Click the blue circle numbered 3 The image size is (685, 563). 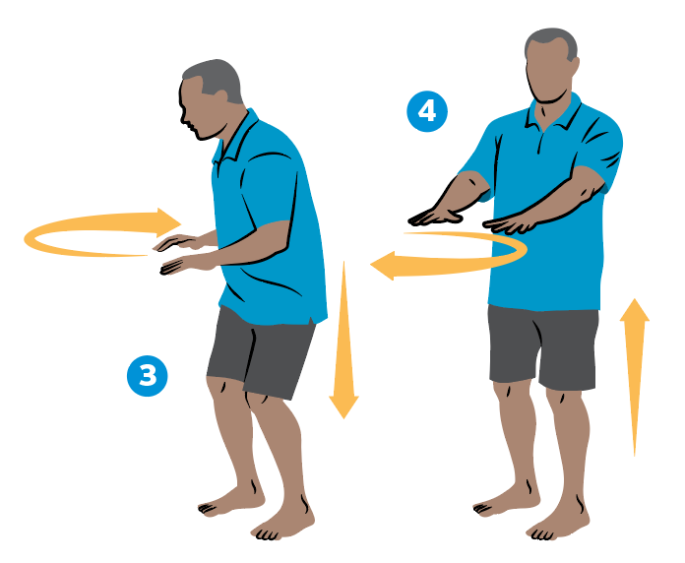(x=148, y=375)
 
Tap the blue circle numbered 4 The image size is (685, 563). (x=426, y=111)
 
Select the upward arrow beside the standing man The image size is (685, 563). (x=635, y=374)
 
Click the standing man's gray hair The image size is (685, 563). (x=551, y=44)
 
